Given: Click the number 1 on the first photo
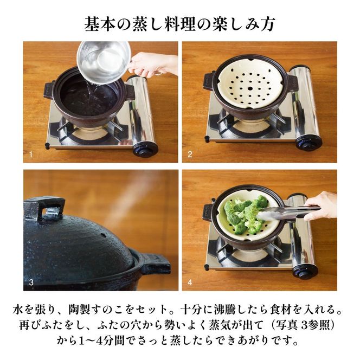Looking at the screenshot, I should pos(31,155).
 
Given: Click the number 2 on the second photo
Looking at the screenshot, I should pos(190,155).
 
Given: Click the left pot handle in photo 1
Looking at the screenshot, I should pos(49,89).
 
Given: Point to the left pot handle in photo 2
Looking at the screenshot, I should pos(209,81).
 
